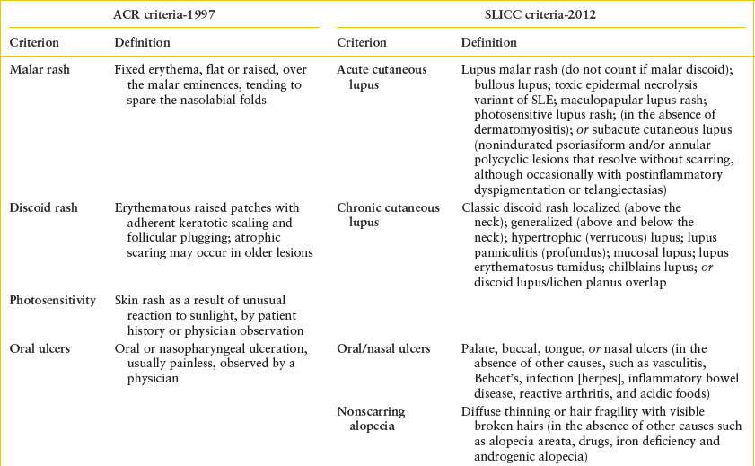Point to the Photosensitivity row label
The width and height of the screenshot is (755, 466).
(53, 300)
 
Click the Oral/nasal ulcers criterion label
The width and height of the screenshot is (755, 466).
(383, 348)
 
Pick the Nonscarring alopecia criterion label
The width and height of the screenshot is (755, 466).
(371, 418)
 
